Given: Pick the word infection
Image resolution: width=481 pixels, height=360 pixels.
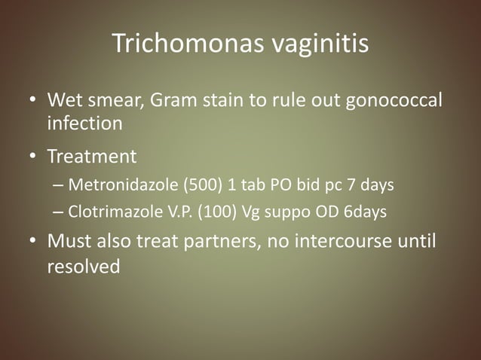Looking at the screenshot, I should (x=84, y=122).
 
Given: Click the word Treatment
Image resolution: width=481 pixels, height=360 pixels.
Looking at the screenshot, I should (x=92, y=157).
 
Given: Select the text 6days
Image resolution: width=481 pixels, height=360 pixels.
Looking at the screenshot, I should (x=365, y=212).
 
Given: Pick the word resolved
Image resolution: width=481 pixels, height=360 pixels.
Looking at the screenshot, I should (x=83, y=265).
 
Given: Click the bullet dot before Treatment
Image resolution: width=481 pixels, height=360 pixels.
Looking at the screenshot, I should (x=33, y=157).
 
